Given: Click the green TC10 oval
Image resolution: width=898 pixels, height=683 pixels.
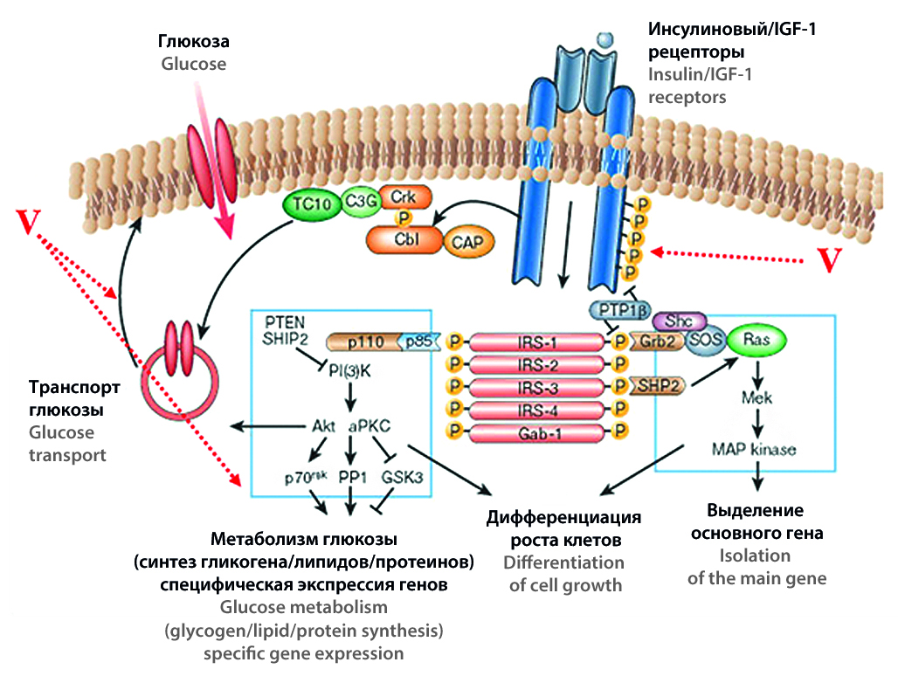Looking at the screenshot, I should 309,203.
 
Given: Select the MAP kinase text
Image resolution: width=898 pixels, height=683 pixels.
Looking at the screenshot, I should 754,448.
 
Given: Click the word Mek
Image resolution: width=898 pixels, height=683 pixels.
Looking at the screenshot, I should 757,398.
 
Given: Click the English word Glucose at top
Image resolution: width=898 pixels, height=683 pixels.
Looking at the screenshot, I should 193,64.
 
